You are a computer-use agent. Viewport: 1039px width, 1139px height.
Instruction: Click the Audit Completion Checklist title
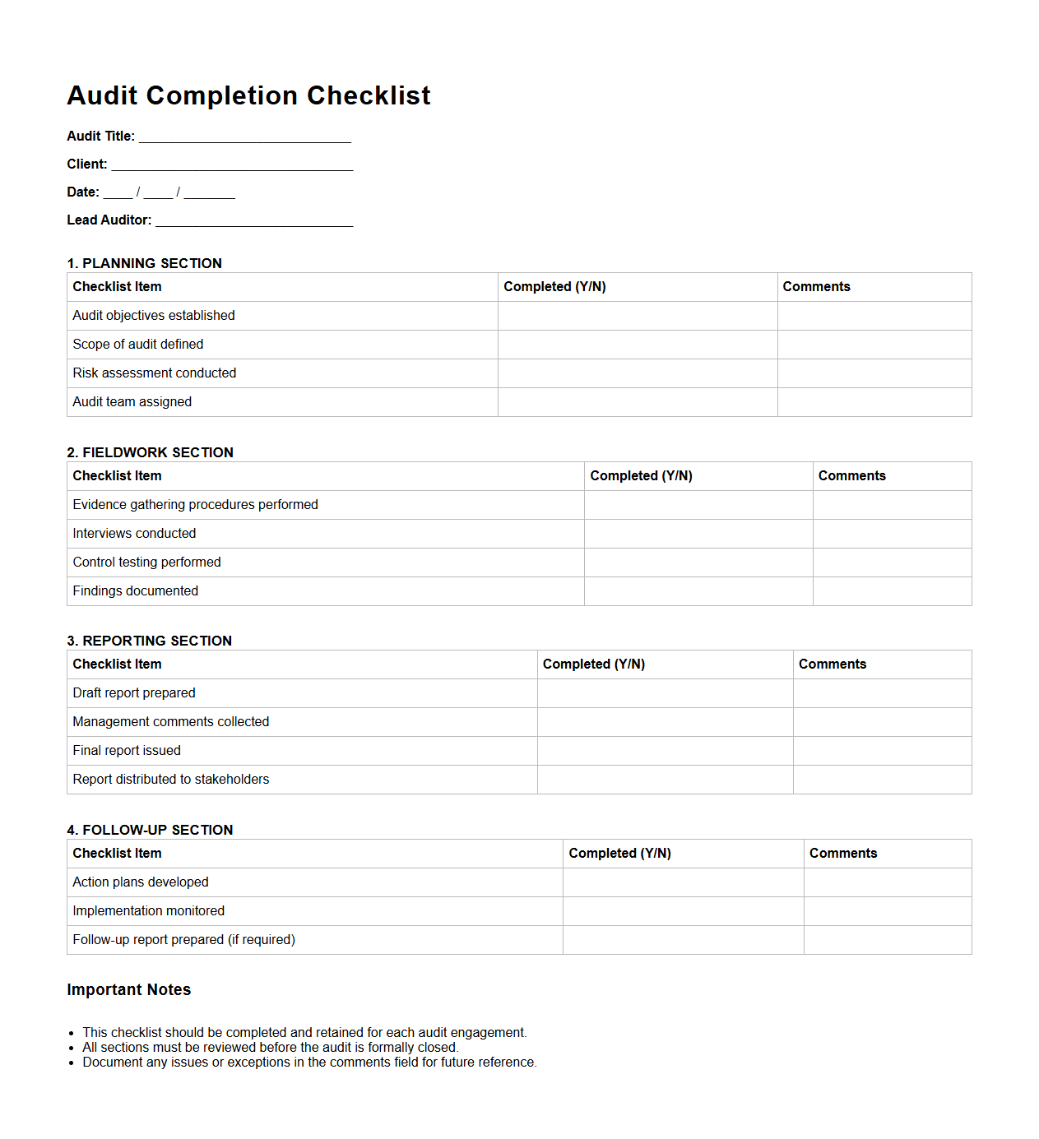point(248,95)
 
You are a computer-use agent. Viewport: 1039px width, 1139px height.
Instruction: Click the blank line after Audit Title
point(244,137)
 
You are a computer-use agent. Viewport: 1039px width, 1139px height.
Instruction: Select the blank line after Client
point(232,165)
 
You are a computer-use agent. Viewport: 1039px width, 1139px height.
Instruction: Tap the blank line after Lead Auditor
point(253,221)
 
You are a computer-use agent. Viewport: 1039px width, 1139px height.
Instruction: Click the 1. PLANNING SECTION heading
point(145,263)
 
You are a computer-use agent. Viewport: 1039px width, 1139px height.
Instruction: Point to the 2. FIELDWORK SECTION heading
point(151,452)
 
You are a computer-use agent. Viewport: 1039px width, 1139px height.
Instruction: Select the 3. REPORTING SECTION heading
point(150,641)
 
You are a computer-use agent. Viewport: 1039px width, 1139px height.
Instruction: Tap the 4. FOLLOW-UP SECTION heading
point(151,830)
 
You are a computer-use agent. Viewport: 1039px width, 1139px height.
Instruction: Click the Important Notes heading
point(129,989)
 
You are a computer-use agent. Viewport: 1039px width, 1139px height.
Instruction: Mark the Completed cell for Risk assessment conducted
point(638,373)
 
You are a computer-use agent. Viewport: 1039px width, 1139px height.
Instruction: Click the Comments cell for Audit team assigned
point(874,402)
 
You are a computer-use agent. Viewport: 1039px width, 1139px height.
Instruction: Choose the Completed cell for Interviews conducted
point(698,534)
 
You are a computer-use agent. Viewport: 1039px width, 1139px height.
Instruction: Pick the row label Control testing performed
point(147,563)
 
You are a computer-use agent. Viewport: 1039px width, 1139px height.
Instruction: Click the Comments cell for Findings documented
point(892,591)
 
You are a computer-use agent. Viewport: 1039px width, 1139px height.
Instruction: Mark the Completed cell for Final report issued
point(665,751)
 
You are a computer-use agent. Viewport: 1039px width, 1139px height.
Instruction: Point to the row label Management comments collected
point(171,722)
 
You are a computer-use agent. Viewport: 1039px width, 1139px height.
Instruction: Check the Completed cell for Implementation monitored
point(683,911)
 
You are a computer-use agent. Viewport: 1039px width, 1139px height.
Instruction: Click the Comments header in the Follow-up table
point(843,854)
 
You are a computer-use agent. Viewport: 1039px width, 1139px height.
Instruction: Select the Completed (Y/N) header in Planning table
point(554,287)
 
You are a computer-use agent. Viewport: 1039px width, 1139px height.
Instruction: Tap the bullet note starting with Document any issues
point(309,1063)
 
